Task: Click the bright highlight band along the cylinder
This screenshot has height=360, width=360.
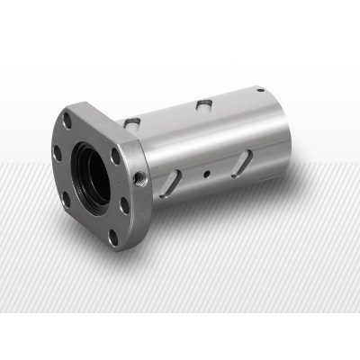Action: click(216, 135)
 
